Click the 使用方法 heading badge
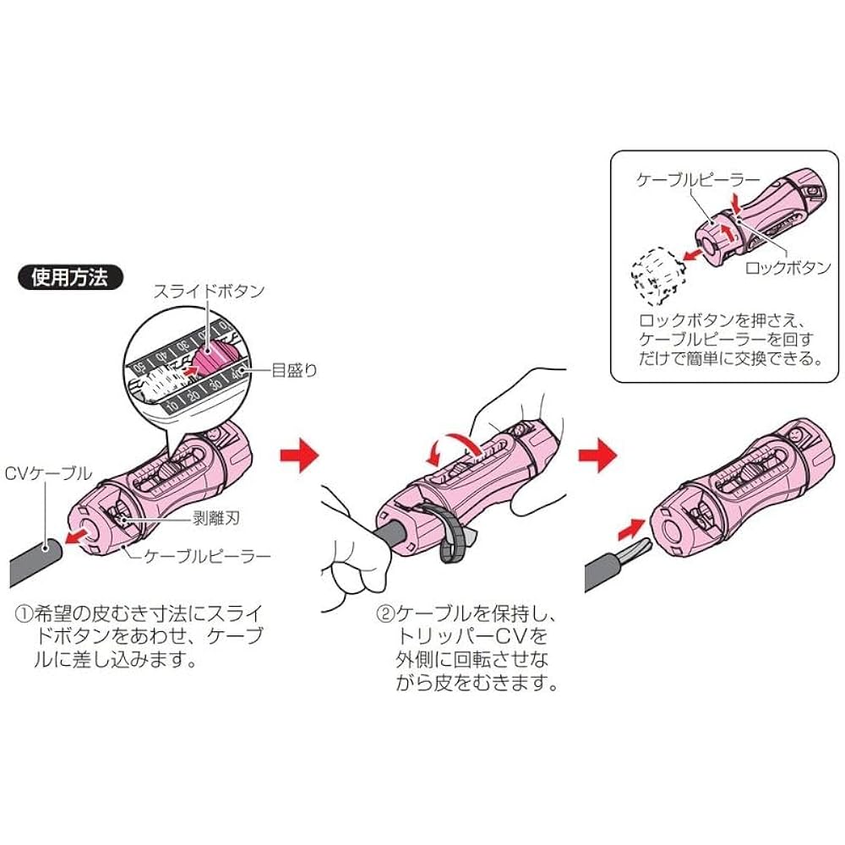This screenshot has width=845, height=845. point(69,276)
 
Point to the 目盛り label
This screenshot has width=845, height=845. point(294,369)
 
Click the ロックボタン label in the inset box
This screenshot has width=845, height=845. point(788,269)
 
